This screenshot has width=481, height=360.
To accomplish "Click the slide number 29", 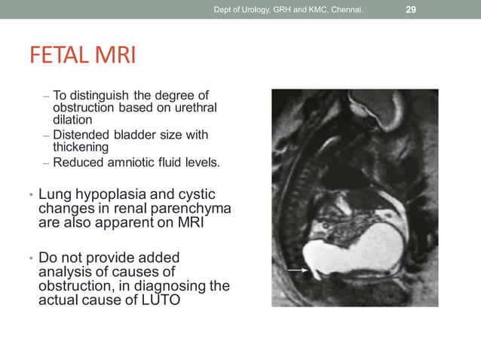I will coord(411,10).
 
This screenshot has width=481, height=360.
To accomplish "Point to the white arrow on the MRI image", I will coord(298,269).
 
